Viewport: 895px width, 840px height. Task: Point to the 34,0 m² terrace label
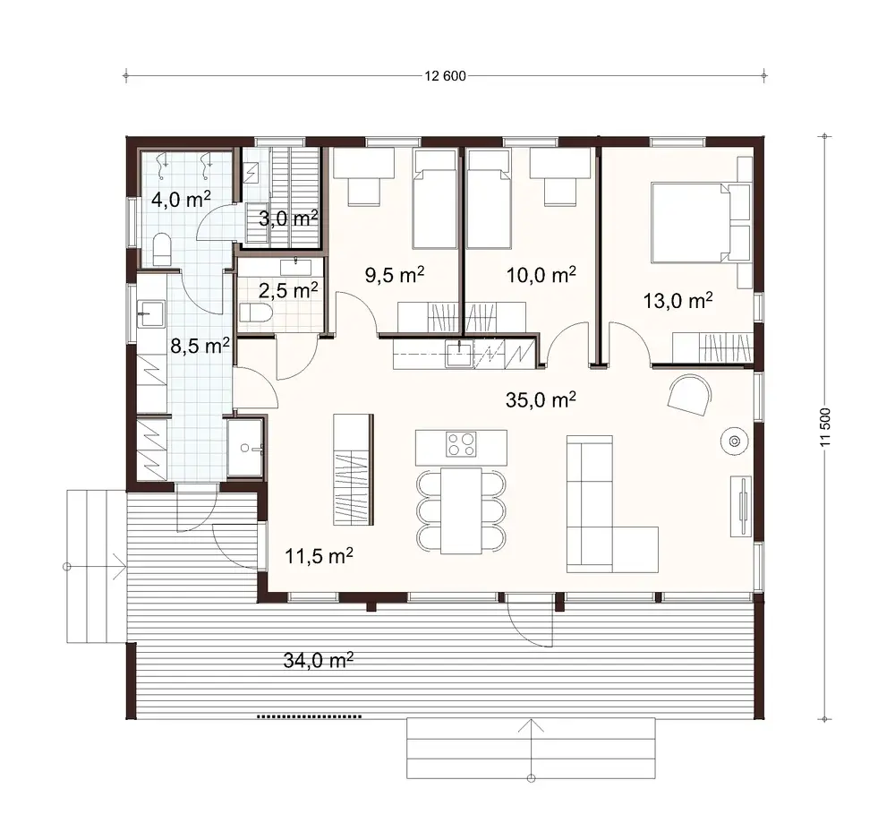[x=318, y=661]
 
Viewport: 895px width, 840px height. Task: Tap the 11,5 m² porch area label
[x=319, y=556]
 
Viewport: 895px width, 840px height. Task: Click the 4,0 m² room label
[x=180, y=199]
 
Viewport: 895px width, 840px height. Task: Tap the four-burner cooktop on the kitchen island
[x=462, y=443]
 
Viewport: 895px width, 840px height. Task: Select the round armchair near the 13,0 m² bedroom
[x=690, y=393]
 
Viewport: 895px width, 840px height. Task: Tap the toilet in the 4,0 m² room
[x=162, y=249]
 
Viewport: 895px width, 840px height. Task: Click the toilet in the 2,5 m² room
[x=253, y=313]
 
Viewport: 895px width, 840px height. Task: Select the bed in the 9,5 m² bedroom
[x=435, y=199]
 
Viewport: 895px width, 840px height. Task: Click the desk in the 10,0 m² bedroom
[x=560, y=163]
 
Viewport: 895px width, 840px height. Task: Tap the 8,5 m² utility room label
[x=200, y=346]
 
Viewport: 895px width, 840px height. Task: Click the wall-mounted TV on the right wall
[x=743, y=505]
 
